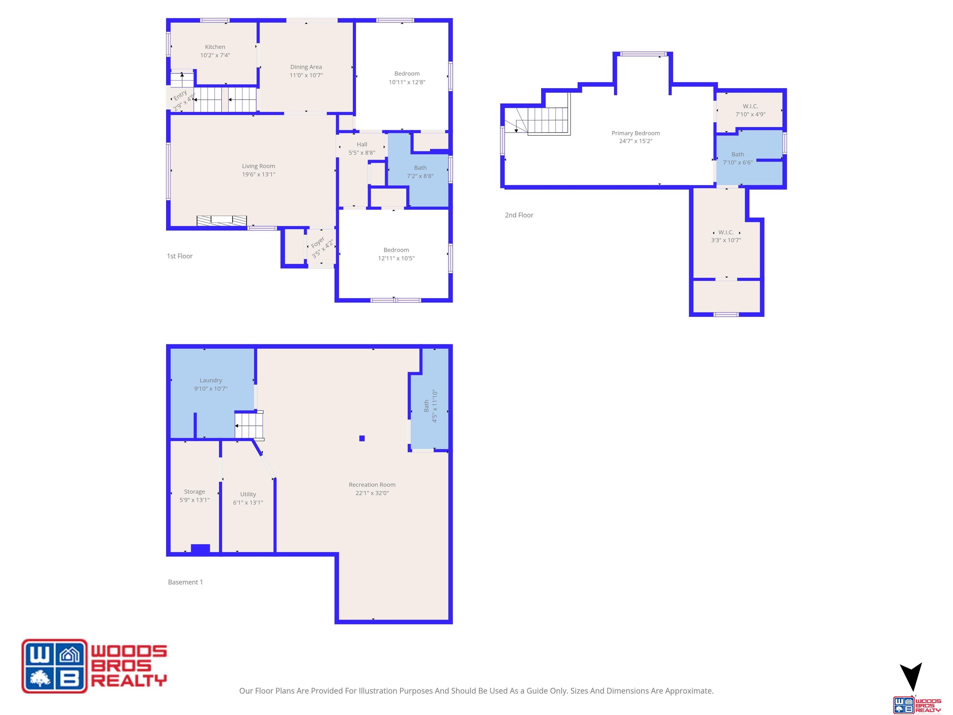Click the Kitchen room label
215,47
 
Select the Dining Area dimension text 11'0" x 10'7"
306,75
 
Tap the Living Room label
258,166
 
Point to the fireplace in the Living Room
222,221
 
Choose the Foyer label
318,242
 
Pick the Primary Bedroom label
635,133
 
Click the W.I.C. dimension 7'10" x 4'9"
750,115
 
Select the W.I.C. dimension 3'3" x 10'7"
726,241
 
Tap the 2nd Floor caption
519,215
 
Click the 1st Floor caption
180,256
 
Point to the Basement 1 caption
185,582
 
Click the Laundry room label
211,380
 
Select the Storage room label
194,492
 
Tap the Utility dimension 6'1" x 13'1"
248,502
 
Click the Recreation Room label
372,485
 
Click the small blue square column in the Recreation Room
362,438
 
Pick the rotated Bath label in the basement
426,406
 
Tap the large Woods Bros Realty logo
94,666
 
